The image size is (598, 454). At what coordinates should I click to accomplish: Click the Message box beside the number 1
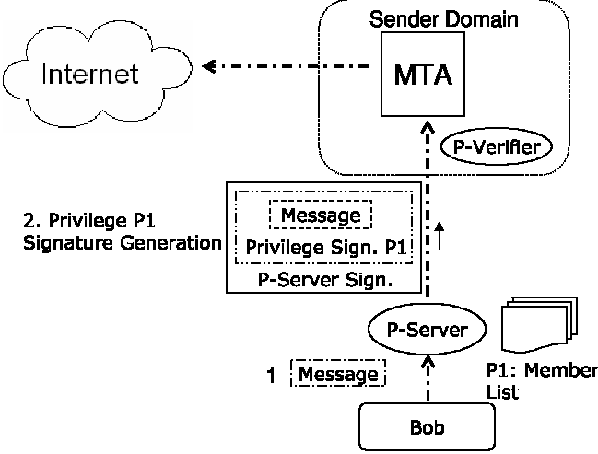coord(338,374)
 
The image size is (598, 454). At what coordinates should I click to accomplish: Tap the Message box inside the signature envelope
coord(321,215)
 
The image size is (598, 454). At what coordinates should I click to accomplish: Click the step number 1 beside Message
coord(272,375)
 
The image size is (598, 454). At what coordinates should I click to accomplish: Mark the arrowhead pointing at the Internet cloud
coord(209,66)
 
